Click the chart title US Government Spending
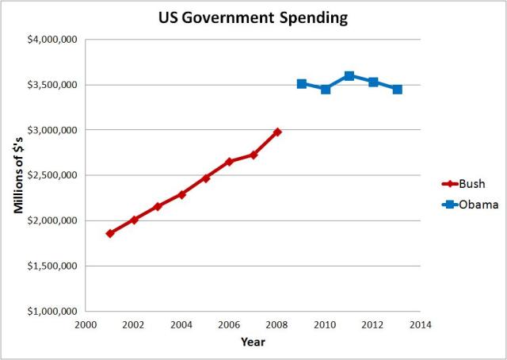pyautogui.click(x=253, y=17)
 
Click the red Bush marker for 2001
pyautogui.click(x=110, y=233)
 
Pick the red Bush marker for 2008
pyautogui.click(x=277, y=132)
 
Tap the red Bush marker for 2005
pyautogui.click(x=206, y=178)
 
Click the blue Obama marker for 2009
pyautogui.click(x=302, y=83)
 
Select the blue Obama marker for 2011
pyautogui.click(x=349, y=75)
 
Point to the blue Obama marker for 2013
pyautogui.click(x=397, y=89)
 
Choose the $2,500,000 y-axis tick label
pyautogui.click(x=51, y=175)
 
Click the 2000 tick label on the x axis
pyautogui.click(x=86, y=325)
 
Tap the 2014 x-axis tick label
pyautogui.click(x=421, y=325)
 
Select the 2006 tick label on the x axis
pyautogui.click(x=229, y=325)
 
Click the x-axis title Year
pyautogui.click(x=253, y=343)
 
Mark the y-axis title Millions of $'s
pyautogui.click(x=17, y=175)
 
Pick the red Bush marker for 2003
pyautogui.click(x=158, y=206)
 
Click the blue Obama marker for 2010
pyautogui.click(x=326, y=89)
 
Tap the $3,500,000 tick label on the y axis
pyautogui.click(x=51, y=85)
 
